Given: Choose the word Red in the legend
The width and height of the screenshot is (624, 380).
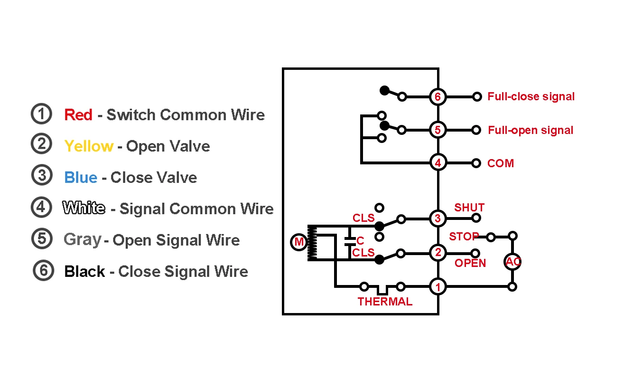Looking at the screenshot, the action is [x=78, y=114].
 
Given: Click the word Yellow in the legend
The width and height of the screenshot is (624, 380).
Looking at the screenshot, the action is [x=89, y=146].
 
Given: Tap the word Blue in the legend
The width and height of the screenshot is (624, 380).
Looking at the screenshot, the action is [x=81, y=177].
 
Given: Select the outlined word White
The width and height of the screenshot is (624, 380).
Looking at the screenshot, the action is [x=84, y=208].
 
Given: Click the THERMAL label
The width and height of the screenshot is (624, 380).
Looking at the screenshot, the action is [x=385, y=301].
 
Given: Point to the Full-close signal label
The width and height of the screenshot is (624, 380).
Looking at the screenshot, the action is [x=531, y=96].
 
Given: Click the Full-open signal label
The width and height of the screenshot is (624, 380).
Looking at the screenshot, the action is [x=531, y=130].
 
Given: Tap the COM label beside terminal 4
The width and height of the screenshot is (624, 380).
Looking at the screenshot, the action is [x=501, y=163].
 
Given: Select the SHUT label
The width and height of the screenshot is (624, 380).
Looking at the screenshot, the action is [x=469, y=208].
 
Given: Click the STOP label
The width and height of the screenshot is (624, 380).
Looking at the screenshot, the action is [x=464, y=237].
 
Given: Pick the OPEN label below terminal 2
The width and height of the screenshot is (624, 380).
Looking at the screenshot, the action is [x=470, y=263].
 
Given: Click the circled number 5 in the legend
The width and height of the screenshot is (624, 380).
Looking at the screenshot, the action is [x=42, y=238].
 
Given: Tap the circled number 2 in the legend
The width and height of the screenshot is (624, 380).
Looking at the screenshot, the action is [x=41, y=143].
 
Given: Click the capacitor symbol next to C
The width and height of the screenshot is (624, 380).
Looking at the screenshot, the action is [x=350, y=241].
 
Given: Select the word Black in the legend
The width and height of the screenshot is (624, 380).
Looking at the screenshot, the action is [x=84, y=271].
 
